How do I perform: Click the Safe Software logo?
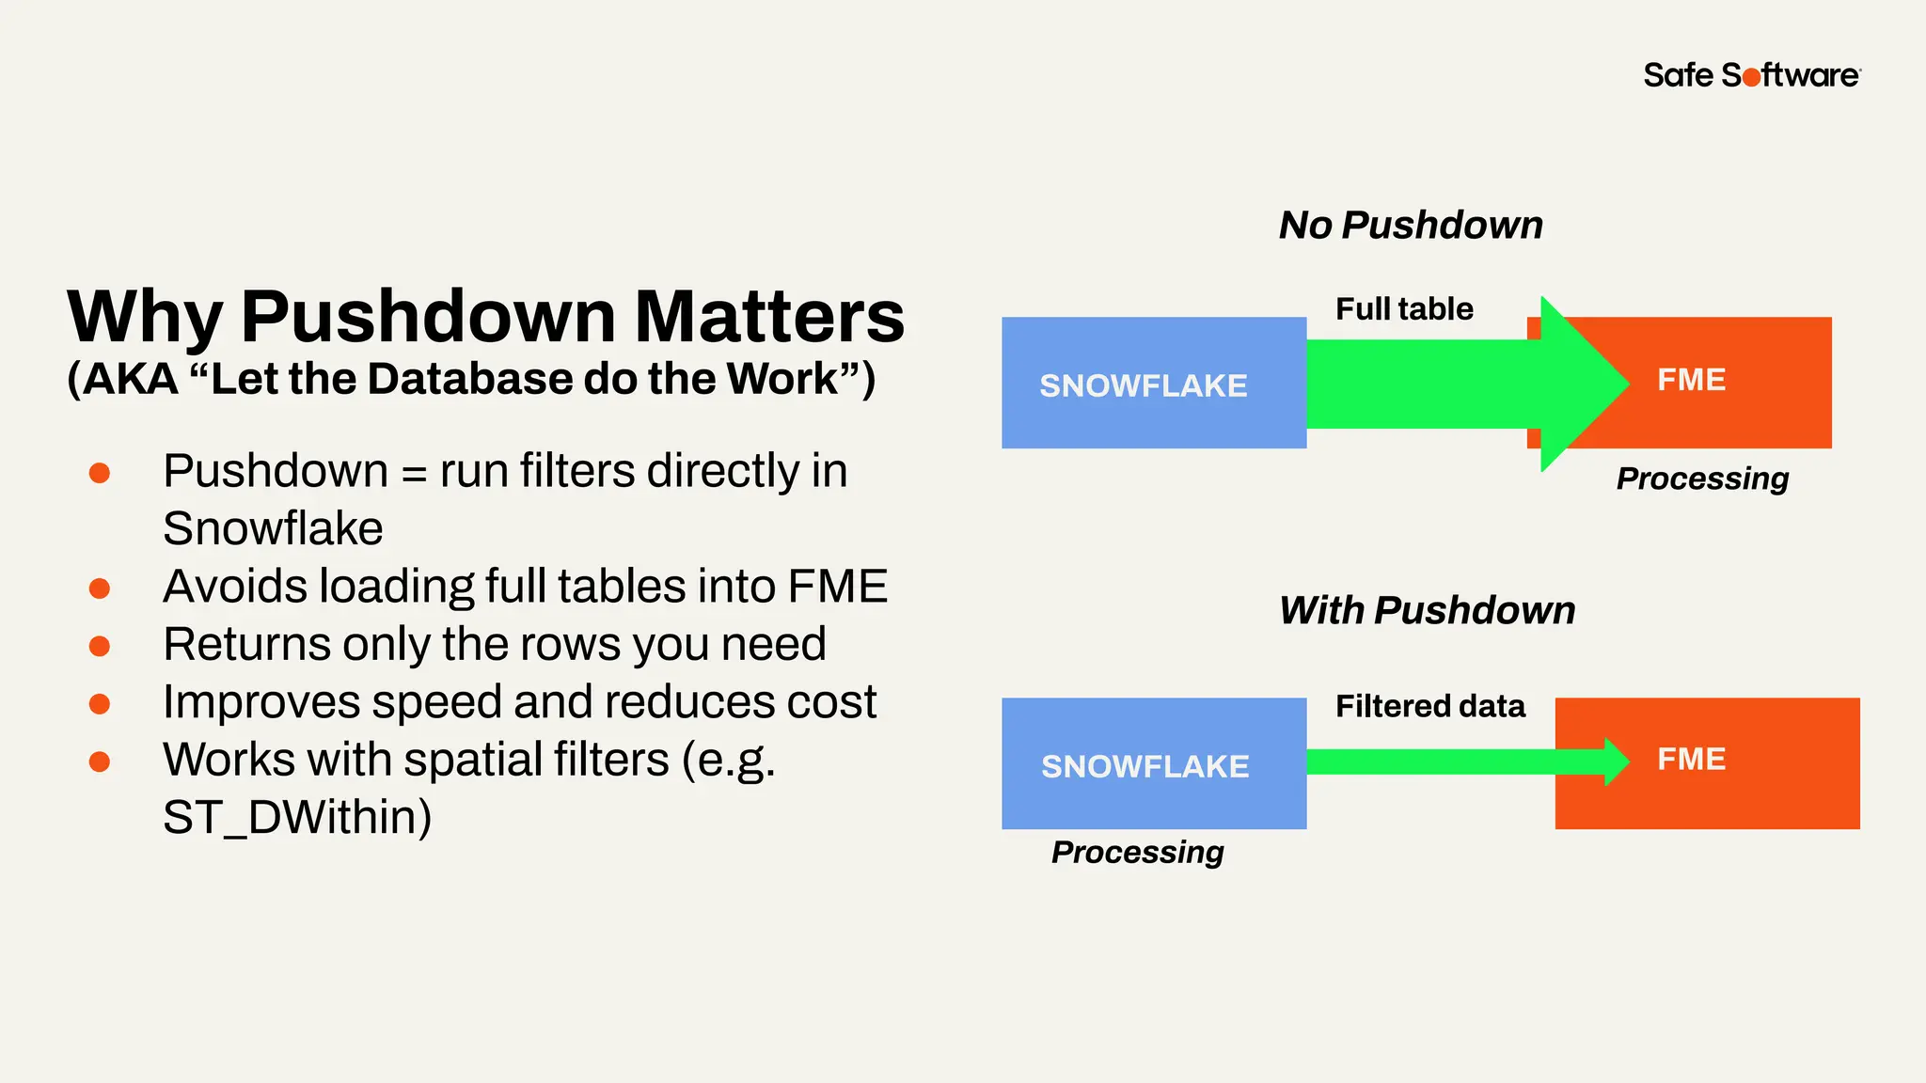click(1751, 75)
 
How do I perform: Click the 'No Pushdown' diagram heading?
click(1411, 226)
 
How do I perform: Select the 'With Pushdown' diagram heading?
click(1427, 611)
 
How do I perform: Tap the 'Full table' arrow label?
click(1404, 309)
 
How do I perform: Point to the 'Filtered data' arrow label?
click(1429, 706)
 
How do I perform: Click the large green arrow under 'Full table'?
click(1448, 384)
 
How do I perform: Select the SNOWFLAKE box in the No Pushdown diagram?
click(1153, 384)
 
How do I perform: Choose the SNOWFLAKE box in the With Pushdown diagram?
click(1153, 764)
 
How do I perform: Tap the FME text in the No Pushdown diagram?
click(1691, 380)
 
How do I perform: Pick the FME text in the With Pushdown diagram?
click(1691, 760)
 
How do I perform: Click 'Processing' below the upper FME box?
click(1702, 479)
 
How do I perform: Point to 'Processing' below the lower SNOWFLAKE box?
click(1137, 852)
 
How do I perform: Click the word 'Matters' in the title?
click(769, 317)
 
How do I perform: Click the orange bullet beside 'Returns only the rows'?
click(100, 646)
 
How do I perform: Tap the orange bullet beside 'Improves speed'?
click(100, 703)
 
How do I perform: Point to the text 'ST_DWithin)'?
click(297, 817)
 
